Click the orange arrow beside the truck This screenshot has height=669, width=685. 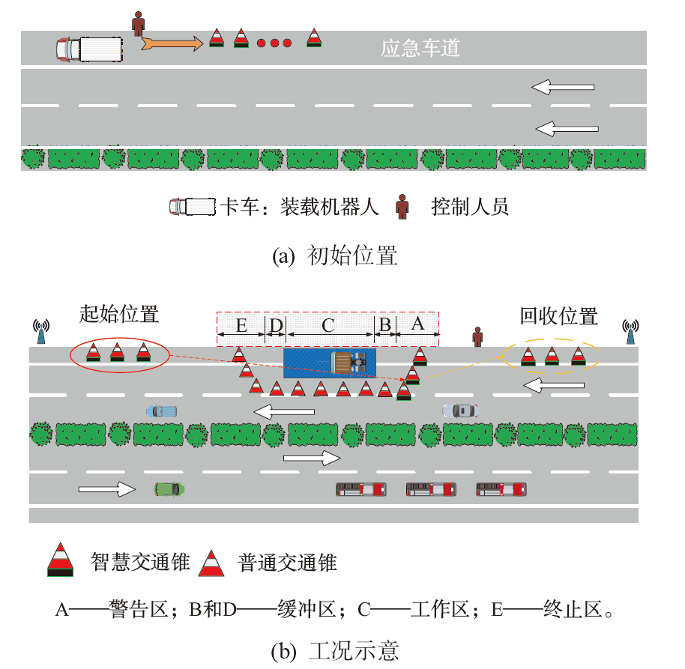[x=172, y=44]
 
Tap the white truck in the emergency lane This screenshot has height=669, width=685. [x=89, y=49]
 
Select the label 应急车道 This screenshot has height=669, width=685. [x=420, y=49]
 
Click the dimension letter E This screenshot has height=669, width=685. [x=241, y=326]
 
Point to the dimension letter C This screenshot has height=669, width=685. [x=328, y=326]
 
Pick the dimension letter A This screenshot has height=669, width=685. [x=418, y=324]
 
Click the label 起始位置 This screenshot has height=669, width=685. [x=119, y=313]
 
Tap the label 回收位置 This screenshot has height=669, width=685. [x=559, y=316]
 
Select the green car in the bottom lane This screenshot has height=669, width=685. [x=169, y=489]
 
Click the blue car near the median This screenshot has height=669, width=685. [x=161, y=411]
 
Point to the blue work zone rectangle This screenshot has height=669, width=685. [x=330, y=363]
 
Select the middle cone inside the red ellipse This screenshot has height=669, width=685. [x=117, y=351]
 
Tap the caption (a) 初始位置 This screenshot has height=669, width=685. [x=334, y=256]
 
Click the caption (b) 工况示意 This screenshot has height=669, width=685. [x=334, y=650]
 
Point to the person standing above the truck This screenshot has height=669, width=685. [x=138, y=23]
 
